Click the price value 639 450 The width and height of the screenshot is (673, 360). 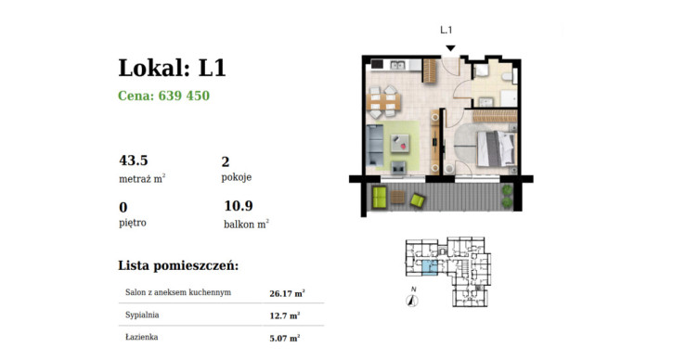pyautogui.click(x=184, y=96)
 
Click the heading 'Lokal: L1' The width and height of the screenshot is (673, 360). pyautogui.click(x=172, y=68)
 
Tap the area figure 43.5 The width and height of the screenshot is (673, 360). pyautogui.click(x=134, y=160)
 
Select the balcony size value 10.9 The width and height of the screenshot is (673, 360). pyautogui.click(x=239, y=206)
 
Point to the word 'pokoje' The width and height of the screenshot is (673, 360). pyautogui.click(x=237, y=177)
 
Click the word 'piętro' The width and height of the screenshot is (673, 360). pyautogui.click(x=133, y=223)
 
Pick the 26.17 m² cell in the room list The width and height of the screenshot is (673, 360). pyautogui.click(x=287, y=293)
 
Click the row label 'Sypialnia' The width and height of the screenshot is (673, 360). pyautogui.click(x=142, y=315)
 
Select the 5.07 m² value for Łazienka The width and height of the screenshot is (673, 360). pyautogui.click(x=285, y=338)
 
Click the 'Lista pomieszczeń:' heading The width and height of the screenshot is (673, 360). pyautogui.click(x=178, y=265)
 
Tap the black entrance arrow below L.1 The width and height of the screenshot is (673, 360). pyautogui.click(x=450, y=48)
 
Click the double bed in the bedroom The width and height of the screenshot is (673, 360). pyautogui.click(x=496, y=148)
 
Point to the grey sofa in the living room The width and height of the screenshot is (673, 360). pyautogui.click(x=375, y=145)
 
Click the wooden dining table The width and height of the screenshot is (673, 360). pyautogui.click(x=383, y=102)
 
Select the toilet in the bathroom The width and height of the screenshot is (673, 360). pyautogui.click(x=507, y=76)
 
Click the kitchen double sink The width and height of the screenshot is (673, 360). pyautogui.click(x=397, y=65)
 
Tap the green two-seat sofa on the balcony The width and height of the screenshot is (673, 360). pyautogui.click(x=380, y=197)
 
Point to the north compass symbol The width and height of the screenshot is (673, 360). pyautogui.click(x=412, y=302)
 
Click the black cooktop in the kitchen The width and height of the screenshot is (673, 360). pyautogui.click(x=377, y=65)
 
